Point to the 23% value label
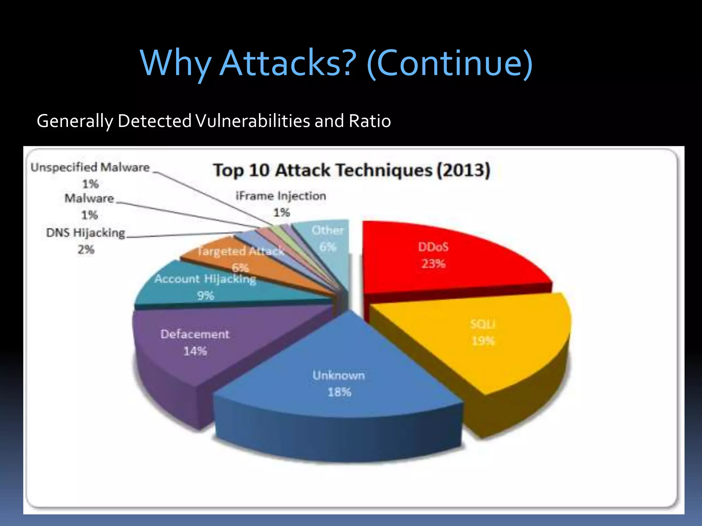[x=433, y=264]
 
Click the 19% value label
[x=483, y=341]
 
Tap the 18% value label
[x=339, y=392]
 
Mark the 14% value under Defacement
[x=195, y=351]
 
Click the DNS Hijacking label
[x=86, y=233]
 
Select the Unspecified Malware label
[x=90, y=167]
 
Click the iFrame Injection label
[x=281, y=196]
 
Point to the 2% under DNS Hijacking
[x=86, y=250]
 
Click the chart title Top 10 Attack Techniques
[x=322, y=170]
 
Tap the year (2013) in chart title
[x=463, y=170]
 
